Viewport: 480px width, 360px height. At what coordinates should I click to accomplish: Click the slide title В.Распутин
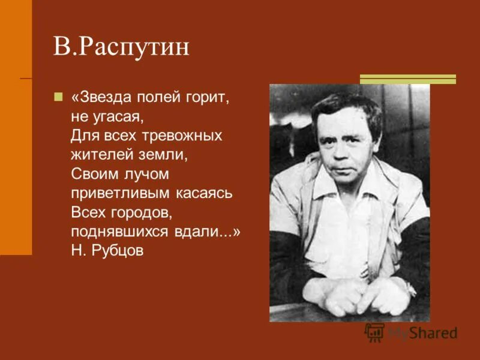click(x=121, y=47)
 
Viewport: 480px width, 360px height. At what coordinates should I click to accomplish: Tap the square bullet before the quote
click(x=58, y=97)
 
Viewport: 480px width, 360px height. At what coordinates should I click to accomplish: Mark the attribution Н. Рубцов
click(x=107, y=251)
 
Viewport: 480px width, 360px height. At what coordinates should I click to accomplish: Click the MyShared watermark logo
click(x=412, y=332)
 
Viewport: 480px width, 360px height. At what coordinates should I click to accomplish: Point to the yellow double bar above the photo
click(x=408, y=79)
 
